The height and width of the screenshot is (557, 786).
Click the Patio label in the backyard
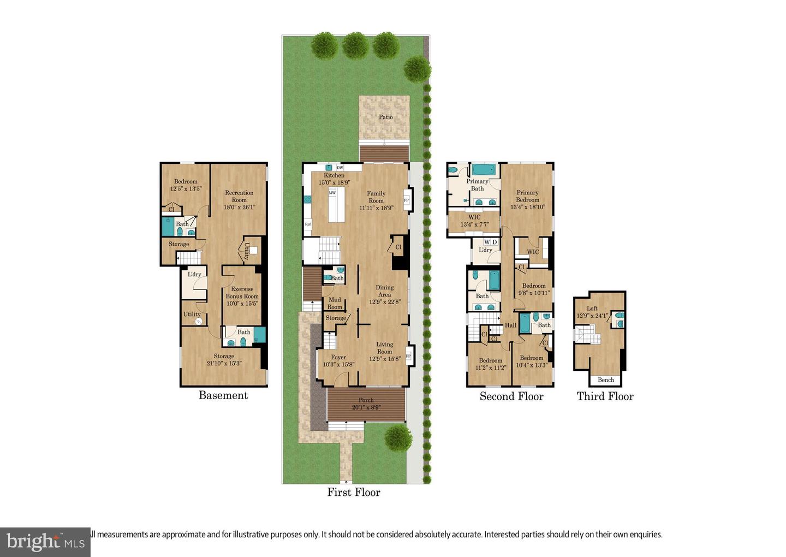coord(386,117)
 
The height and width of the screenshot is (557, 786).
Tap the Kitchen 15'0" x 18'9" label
coord(334,179)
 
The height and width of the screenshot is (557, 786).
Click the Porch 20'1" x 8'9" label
coord(366,404)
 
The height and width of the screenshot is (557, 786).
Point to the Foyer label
coord(338,361)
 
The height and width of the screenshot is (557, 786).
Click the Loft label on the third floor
coord(592,312)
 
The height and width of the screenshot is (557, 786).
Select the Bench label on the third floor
coord(606,380)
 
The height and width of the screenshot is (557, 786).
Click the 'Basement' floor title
coord(223,395)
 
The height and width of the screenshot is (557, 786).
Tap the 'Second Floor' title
coord(511,396)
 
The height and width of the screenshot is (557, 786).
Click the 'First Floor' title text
coord(354,492)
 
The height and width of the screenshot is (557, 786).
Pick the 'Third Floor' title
coord(605,396)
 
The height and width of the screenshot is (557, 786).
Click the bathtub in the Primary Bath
coord(484,169)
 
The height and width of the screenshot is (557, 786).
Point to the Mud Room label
coord(335,303)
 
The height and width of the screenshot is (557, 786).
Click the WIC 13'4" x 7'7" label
coord(474,221)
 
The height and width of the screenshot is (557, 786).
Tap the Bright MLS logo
coord(45,542)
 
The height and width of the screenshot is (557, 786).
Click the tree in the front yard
coord(398,438)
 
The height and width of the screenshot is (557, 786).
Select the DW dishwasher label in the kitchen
coord(340,168)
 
